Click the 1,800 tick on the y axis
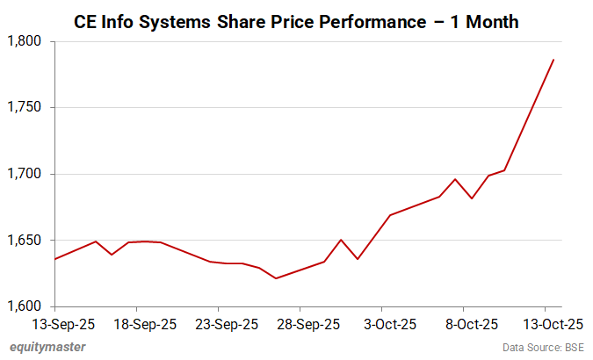pos(28,41)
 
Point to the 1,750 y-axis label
pos(28,108)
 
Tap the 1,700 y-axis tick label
pos(28,174)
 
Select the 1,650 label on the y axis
pos(28,241)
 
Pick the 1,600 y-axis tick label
pos(28,306)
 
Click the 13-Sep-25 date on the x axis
pos(55,324)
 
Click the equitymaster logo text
pos(48,347)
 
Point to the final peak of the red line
pos(553,60)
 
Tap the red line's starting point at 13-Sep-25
pos(55,259)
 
